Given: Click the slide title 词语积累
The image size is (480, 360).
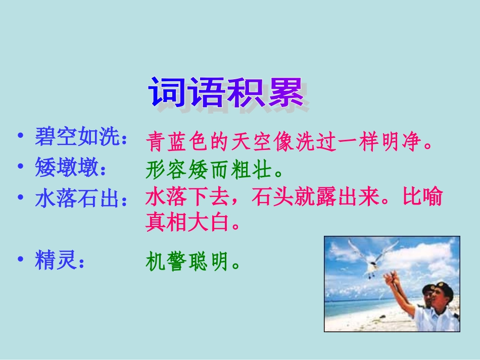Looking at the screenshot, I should [226, 92].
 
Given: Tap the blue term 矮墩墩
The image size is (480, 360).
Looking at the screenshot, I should [66, 167].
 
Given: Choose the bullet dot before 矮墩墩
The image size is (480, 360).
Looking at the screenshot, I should [21, 166].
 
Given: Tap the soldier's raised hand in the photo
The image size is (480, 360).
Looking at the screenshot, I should [392, 277].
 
